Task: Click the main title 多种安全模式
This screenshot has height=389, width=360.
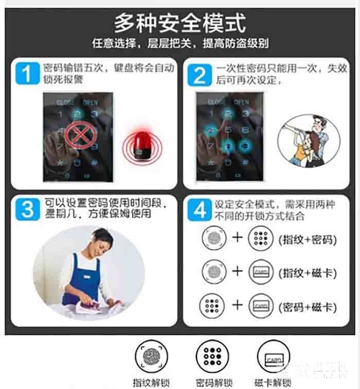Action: click(179, 23)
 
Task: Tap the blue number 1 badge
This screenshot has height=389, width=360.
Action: click(26, 73)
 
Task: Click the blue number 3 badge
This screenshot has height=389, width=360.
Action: click(26, 209)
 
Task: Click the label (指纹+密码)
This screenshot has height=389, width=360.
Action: click(307, 239)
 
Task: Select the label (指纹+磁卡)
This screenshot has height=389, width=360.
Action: click(307, 273)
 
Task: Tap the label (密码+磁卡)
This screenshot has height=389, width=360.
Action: click(307, 307)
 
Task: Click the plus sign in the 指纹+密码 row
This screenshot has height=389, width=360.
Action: click(237, 239)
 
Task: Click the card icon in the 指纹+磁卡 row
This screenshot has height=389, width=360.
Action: click(261, 273)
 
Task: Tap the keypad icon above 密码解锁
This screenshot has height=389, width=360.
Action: click(212, 356)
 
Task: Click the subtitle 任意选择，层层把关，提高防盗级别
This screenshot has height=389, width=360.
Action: click(180, 43)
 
